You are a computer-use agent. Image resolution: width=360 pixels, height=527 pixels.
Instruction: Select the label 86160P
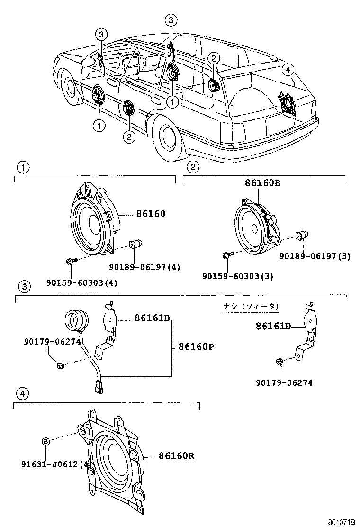click(196, 346)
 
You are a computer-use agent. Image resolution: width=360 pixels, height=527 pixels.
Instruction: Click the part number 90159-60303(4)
click(81, 283)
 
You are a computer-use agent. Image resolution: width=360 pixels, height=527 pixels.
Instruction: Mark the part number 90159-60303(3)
click(237, 276)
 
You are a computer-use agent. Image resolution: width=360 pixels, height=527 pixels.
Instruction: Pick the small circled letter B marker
click(46, 442)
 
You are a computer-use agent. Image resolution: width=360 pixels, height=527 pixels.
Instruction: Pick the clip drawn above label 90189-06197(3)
click(301, 235)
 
